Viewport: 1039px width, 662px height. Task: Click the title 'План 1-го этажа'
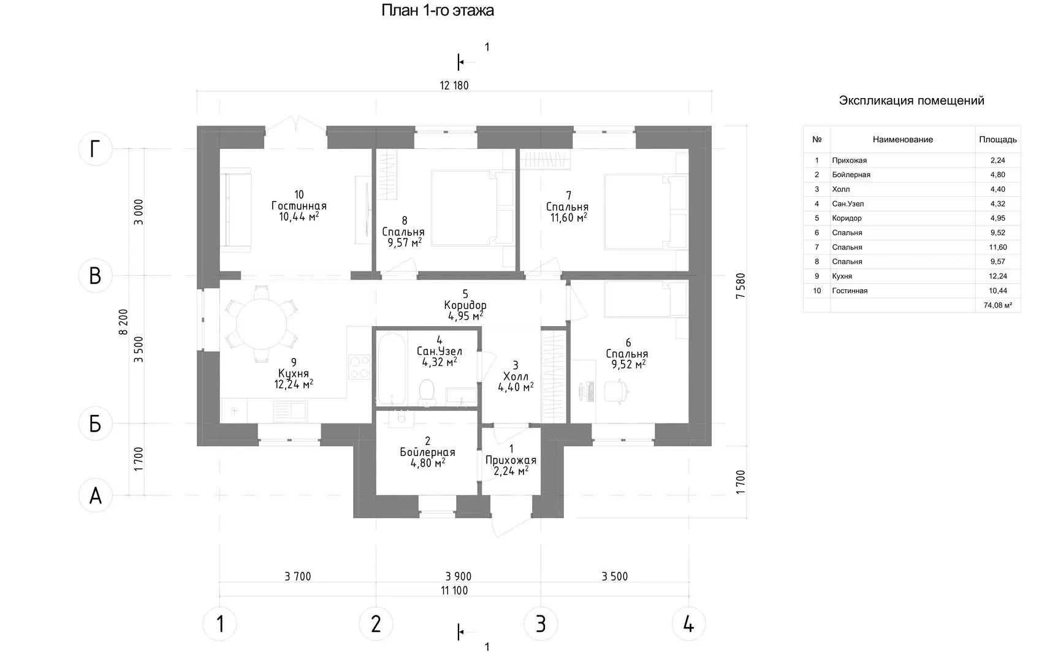(x=438, y=10)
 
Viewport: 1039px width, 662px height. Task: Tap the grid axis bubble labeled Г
(x=95, y=149)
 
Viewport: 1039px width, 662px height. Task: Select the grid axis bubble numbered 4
(x=688, y=624)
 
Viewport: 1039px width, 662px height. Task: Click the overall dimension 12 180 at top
(x=454, y=85)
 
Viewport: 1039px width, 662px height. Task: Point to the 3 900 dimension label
(x=459, y=576)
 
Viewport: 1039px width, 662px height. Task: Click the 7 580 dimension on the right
(x=741, y=286)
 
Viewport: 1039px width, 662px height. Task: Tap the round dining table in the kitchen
(x=261, y=324)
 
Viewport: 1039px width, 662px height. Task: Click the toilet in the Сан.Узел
(x=426, y=392)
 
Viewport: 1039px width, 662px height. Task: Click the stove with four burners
(x=359, y=367)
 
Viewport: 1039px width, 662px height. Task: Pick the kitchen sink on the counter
(x=291, y=409)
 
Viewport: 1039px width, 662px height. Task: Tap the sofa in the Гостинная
(x=235, y=211)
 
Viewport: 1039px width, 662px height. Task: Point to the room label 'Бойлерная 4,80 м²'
(x=427, y=452)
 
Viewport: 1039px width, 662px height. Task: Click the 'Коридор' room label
(x=465, y=305)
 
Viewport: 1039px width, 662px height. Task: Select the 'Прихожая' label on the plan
(x=511, y=460)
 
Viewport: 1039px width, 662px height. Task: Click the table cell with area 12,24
(x=997, y=276)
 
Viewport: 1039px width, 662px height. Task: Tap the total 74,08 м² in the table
(x=997, y=305)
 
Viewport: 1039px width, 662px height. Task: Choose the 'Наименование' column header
(x=902, y=140)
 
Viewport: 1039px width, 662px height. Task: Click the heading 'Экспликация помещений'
(x=911, y=101)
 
